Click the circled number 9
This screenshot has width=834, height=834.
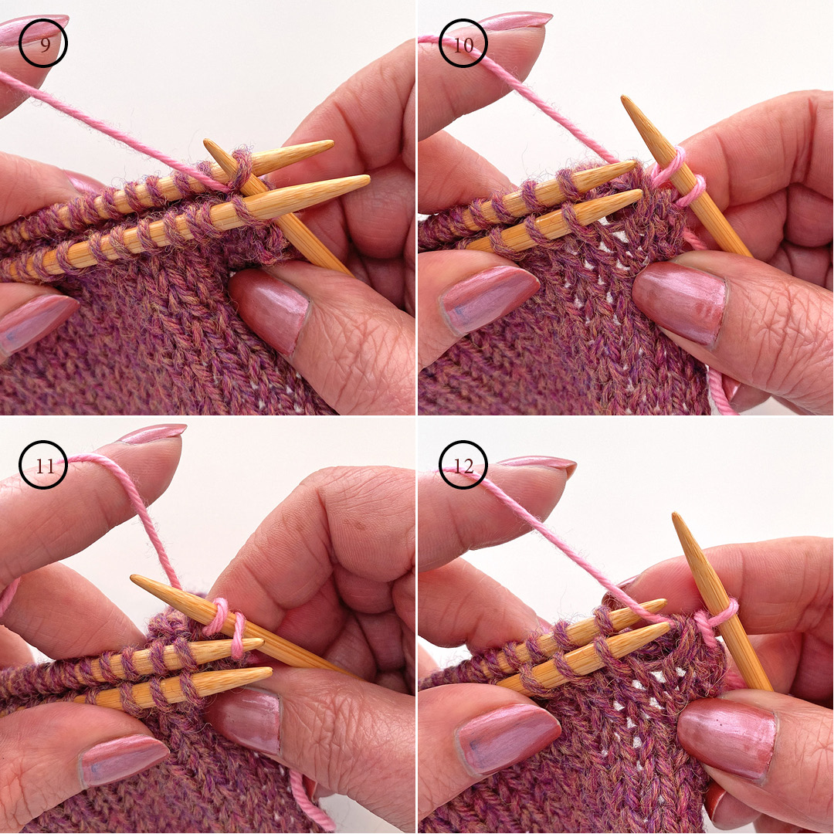(44, 44)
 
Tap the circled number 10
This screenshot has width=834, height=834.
(463, 44)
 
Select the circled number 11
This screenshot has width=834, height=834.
(44, 465)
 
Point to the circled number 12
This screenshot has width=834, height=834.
(463, 465)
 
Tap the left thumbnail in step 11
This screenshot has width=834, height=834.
(124, 761)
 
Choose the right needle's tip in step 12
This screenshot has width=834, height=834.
(677, 517)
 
